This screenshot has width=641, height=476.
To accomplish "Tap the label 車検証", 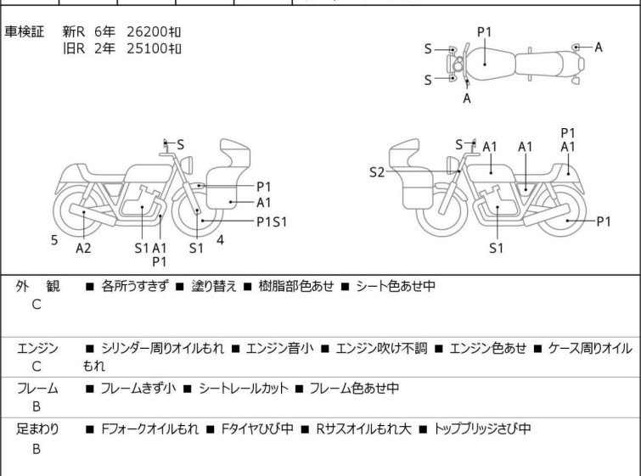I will (x=25, y=31).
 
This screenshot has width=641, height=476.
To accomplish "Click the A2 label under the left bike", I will (x=83, y=248).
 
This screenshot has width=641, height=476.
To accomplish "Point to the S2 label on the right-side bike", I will (x=376, y=172).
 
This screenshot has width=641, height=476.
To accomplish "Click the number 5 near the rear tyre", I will (x=54, y=240).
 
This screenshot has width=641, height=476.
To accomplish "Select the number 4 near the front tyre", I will (x=220, y=240).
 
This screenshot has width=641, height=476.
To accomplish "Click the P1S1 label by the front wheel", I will (x=273, y=221).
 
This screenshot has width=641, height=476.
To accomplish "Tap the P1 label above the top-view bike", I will (x=484, y=32).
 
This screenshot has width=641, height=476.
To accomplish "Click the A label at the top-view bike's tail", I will (x=599, y=48).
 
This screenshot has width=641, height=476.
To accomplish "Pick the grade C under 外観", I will (x=37, y=305).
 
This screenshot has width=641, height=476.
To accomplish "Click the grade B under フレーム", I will (x=37, y=407).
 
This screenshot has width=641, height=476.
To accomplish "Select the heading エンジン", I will (x=37, y=348).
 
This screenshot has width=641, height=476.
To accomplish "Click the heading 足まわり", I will (x=37, y=428).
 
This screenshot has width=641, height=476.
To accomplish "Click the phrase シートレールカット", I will (x=241, y=389).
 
